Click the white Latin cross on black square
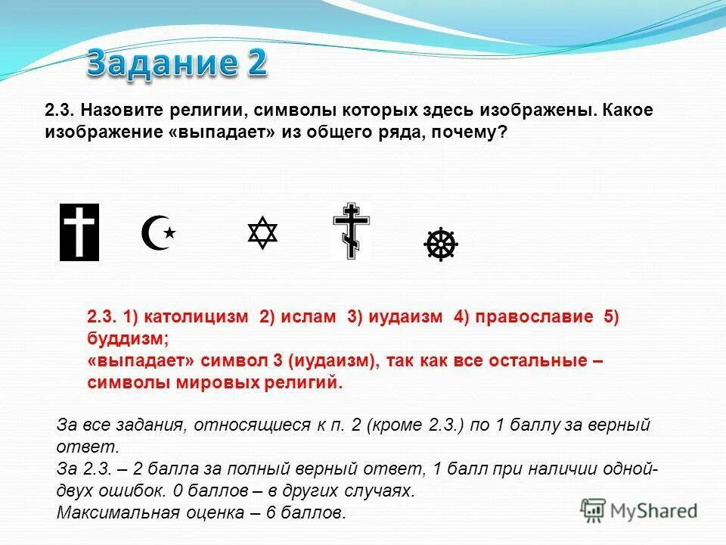coord(79,232)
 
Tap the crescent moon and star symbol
coord(157,232)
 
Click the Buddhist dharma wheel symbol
coord(441,244)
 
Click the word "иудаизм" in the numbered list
coord(405,317)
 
